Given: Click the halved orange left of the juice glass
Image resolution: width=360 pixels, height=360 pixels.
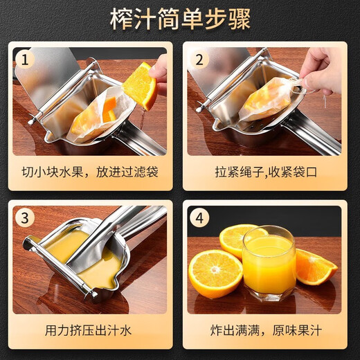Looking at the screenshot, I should point(215,273).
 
